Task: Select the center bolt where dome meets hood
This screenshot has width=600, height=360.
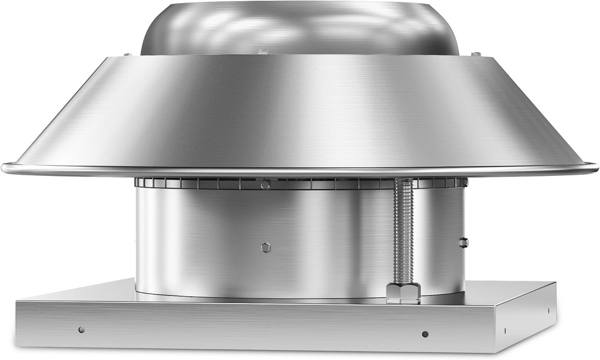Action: click(264, 52)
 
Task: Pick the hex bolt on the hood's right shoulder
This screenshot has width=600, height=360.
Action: click(475, 55)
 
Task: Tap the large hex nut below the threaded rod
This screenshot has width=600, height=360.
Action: click(403, 291)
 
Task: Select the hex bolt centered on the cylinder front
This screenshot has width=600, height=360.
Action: click(265, 247)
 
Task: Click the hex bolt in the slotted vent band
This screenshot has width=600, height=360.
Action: click(265, 185)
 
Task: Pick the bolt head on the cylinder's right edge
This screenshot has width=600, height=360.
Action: click(463, 242)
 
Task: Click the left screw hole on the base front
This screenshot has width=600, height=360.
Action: click(81, 330)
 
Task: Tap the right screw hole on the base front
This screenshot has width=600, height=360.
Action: click(425, 334)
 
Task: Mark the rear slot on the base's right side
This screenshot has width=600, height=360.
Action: click(548, 310)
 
